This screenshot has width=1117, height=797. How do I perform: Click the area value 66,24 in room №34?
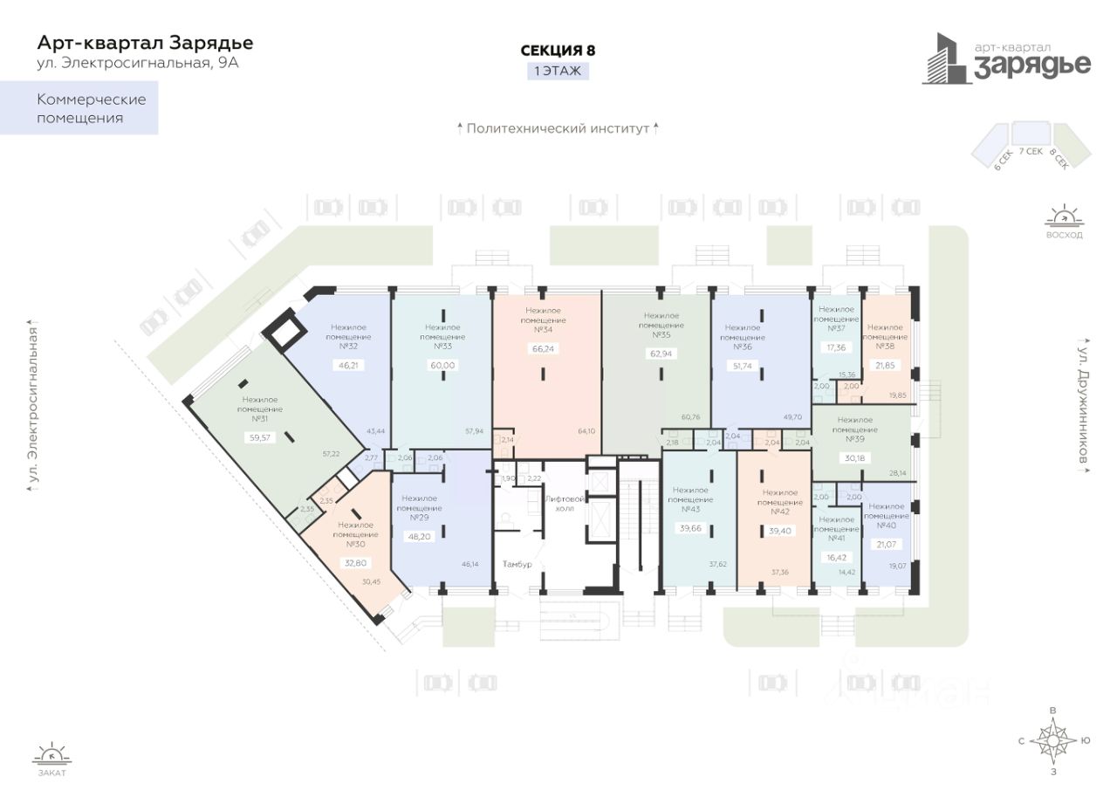tap(543, 348)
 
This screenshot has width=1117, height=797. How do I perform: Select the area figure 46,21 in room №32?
tap(348, 365)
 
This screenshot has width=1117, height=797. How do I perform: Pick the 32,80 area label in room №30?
tap(355, 563)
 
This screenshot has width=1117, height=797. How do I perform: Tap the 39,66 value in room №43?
tap(690, 528)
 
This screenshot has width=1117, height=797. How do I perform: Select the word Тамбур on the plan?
tap(517, 564)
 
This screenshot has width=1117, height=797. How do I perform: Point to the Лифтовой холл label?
tap(558, 503)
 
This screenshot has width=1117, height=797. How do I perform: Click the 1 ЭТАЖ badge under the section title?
tap(558, 72)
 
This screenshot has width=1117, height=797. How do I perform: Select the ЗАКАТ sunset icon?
tap(51, 755)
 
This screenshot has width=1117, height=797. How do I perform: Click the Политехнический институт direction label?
tap(558, 128)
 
